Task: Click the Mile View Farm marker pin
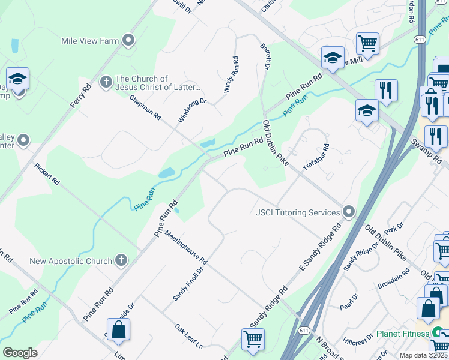128,41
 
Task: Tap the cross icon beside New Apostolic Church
121,260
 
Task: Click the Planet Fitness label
402,334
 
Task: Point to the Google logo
20,353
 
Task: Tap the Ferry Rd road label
80,95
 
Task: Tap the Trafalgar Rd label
316,157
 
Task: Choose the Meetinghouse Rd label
185,249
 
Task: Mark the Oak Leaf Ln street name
189,337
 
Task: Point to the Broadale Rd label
394,278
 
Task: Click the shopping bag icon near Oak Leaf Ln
119,329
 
